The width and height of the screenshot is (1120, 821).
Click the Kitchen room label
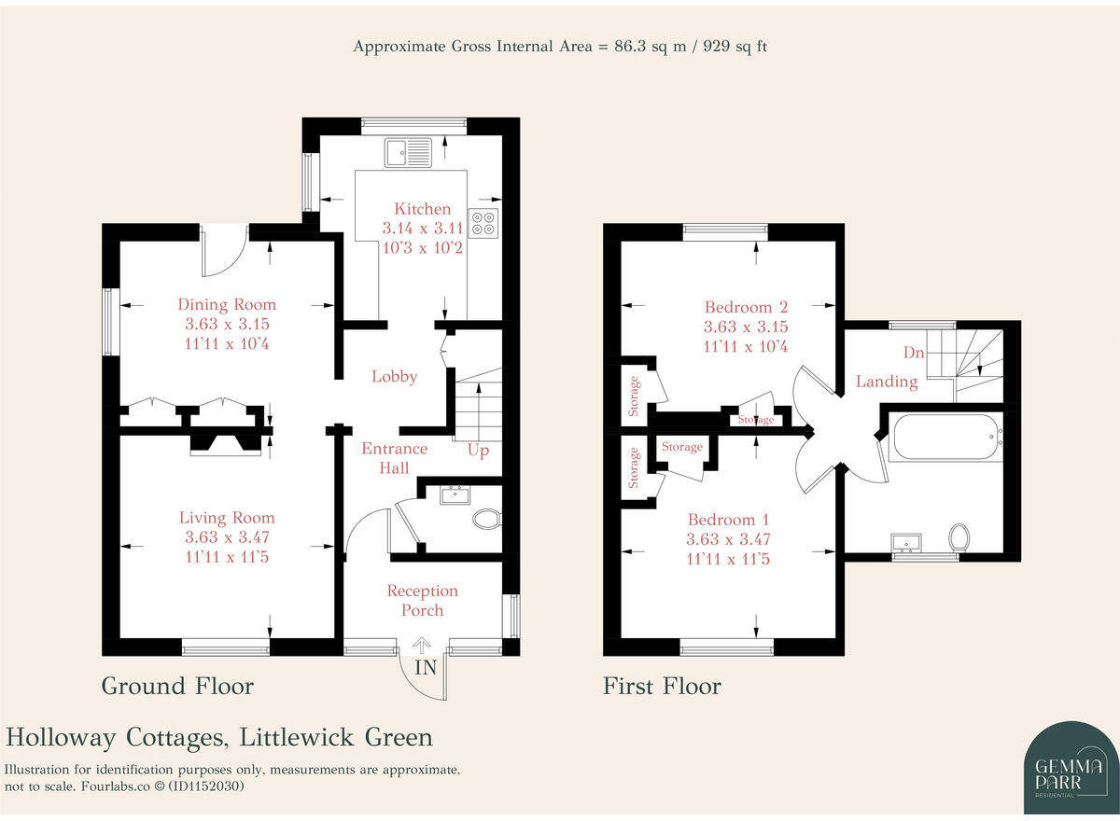[422, 209]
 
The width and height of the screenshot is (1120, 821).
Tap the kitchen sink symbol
[407, 150]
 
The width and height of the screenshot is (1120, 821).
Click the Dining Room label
[227, 304]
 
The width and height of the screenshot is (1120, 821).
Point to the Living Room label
[227, 518]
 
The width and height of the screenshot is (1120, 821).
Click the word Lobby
[394, 377]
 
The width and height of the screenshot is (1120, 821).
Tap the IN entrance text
[426, 667]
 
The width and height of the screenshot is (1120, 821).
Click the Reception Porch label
[423, 600]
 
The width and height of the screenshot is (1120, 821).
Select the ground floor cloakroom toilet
[487, 519]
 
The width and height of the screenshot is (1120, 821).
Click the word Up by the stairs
[478, 451]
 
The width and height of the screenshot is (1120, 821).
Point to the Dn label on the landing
[914, 353]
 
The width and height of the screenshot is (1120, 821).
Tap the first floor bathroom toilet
[959, 536]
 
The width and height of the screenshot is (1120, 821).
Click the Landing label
[887, 381]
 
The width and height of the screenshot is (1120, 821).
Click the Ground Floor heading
[177, 687]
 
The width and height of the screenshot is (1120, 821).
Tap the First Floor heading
[662, 687]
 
